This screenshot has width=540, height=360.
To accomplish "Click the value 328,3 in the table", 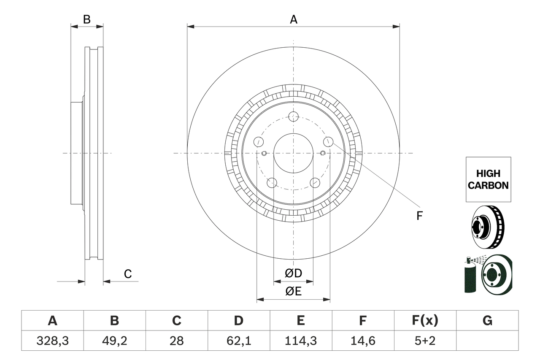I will click(x=52, y=341).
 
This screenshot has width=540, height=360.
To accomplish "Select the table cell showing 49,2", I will click(x=114, y=341).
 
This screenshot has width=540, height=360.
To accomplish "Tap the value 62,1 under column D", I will click(x=238, y=341).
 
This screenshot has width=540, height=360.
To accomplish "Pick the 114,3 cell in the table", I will click(x=300, y=341).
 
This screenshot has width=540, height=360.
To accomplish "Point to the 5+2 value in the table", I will click(x=425, y=341).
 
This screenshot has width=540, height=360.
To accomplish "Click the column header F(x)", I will click(x=425, y=321).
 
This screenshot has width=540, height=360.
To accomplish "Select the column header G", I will click(x=487, y=321).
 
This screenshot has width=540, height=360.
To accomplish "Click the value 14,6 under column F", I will click(x=362, y=341).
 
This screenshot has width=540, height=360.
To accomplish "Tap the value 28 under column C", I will click(x=176, y=341).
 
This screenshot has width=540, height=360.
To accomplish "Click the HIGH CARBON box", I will click(x=488, y=179).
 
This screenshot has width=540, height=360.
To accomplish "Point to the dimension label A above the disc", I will click(x=293, y=19).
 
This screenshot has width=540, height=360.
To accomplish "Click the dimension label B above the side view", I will click(x=86, y=19).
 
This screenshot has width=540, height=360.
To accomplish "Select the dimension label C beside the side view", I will click(x=128, y=274).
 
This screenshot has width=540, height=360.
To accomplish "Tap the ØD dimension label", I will click(x=293, y=273).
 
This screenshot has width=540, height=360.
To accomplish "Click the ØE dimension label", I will click(x=293, y=292).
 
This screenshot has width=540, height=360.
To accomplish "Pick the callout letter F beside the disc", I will click(x=419, y=216).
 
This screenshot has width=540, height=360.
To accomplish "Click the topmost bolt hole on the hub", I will click(x=293, y=116).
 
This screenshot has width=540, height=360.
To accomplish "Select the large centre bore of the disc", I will click(x=293, y=153).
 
